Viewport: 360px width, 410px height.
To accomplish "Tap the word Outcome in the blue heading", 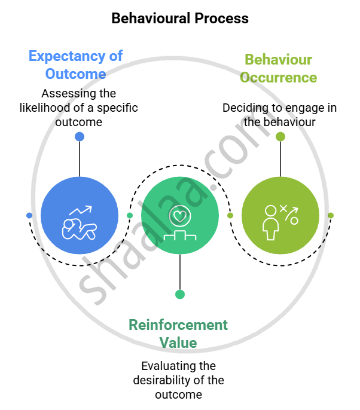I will pyautogui.click(x=75, y=74).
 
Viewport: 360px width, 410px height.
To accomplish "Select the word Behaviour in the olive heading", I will pyautogui.click(x=279, y=60).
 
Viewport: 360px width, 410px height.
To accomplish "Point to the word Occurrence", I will pyautogui.click(x=278, y=78).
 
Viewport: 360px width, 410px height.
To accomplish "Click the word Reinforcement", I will pyautogui.click(x=178, y=325).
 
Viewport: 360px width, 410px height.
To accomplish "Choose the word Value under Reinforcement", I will pyautogui.click(x=178, y=343).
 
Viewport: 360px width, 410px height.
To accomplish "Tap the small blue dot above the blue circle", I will pyautogui.click(x=80, y=136).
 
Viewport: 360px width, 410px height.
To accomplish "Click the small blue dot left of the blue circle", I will pyautogui.click(x=29, y=215).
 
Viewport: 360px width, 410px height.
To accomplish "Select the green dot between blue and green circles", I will pyautogui.click(x=130, y=215).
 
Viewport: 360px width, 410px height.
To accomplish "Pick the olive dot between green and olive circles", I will pyautogui.click(x=230, y=215).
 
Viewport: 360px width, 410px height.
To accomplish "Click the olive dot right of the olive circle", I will pyautogui.click(x=331, y=215).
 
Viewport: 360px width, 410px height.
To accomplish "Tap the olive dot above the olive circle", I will pyautogui.click(x=280, y=136).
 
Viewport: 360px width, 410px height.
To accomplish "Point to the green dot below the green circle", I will pyautogui.click(x=180, y=294).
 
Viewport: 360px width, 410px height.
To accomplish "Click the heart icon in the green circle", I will pyautogui.click(x=179, y=215).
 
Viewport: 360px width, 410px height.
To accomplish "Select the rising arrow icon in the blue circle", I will pyautogui.click(x=81, y=210).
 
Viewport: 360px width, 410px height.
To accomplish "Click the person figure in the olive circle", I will pyautogui.click(x=271, y=224).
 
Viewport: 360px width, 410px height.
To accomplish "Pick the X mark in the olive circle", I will pyautogui.click(x=283, y=209).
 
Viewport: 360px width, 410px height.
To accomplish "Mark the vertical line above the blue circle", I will pyautogui.click(x=80, y=158).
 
